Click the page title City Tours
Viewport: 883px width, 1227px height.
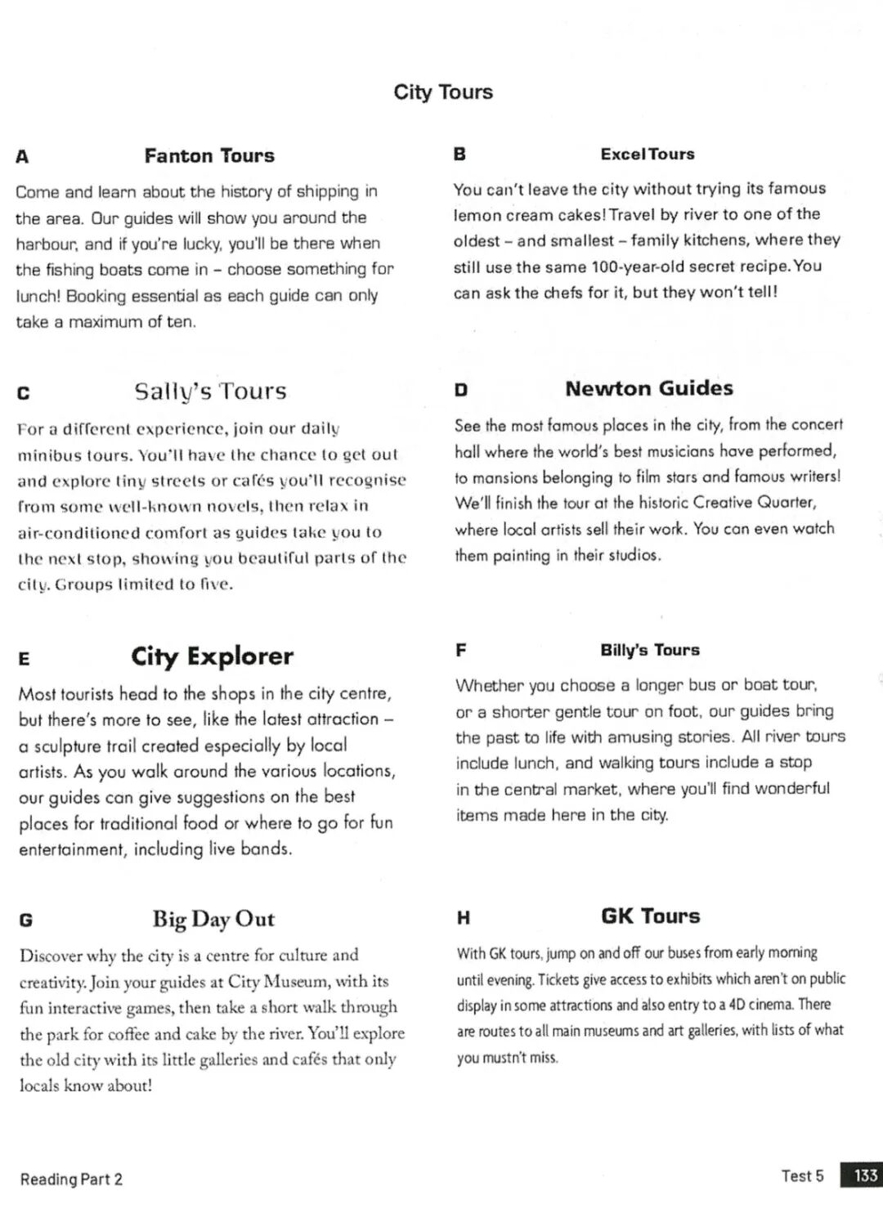coord(443,92)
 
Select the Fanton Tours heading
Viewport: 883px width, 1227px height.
coord(209,155)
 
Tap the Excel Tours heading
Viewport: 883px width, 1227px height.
coord(648,154)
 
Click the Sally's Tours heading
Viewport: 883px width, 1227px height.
coord(211,391)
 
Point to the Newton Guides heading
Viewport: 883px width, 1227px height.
coord(649,388)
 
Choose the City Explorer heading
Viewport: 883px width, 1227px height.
coord(212,656)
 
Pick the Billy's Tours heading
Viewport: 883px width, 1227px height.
coord(650,650)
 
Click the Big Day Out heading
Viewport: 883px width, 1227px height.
coord(213,919)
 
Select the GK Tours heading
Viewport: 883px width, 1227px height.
coord(651,916)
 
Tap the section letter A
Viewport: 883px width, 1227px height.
coord(22,157)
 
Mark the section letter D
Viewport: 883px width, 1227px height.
coord(461,390)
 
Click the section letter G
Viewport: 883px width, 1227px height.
coord(26,920)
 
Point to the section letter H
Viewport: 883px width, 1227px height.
coord(464,918)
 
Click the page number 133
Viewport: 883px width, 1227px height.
coord(865,1176)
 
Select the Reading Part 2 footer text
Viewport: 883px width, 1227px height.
coord(72,1179)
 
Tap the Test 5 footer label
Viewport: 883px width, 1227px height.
coord(803,1176)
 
